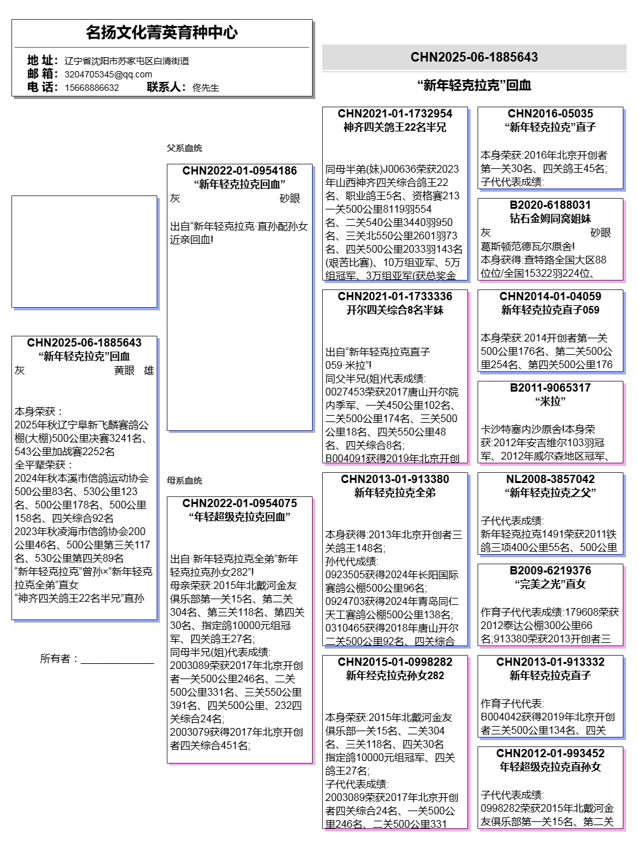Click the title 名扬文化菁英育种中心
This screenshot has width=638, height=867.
[x=162, y=32]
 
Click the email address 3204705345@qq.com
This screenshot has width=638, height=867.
[x=108, y=74]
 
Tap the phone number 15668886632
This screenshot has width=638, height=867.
[x=91, y=88]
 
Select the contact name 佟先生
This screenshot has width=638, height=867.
[x=205, y=88]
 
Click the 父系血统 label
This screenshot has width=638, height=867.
[x=185, y=148]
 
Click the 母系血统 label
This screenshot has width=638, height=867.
[x=185, y=480]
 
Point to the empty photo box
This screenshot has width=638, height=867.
[x=84, y=251]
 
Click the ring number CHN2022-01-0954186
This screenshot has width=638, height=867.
[x=240, y=171]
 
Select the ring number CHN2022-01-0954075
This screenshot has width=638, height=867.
[x=240, y=503]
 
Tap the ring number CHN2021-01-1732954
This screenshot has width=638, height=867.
[x=395, y=114]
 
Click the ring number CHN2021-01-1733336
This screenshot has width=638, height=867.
[x=395, y=296]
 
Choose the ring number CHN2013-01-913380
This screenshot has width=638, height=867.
[x=395, y=479]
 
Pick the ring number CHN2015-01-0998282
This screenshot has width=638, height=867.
[x=395, y=662]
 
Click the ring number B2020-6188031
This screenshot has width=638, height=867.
[x=550, y=205]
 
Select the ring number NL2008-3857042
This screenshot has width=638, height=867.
[x=550, y=479]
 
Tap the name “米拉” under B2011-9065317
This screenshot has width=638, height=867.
[x=550, y=401]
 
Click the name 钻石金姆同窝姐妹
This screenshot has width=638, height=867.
[x=550, y=218]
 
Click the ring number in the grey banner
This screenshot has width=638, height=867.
[x=474, y=57]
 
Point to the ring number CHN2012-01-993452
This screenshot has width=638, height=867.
[x=550, y=753]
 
